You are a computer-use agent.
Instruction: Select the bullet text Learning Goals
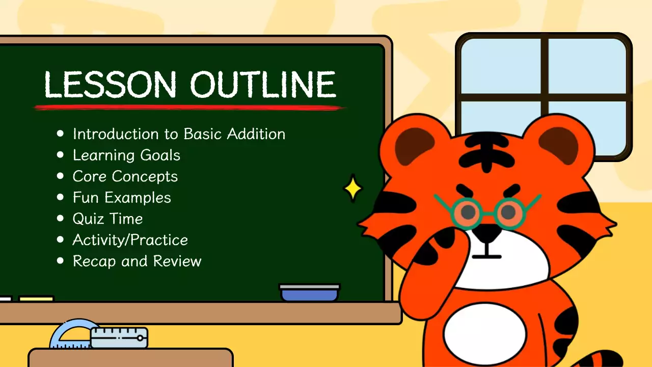[126, 155]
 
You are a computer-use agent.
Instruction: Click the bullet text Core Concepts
[125, 176]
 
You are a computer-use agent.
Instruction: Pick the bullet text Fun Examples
[122, 198]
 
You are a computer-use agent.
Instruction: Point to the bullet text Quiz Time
[107, 219]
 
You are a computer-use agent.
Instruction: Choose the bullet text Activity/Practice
[130, 240]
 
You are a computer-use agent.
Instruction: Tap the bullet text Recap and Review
[137, 261]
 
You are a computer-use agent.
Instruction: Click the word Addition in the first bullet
[256, 134]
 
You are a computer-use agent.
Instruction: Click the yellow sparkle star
[352, 189]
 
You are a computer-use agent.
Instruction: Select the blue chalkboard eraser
[309, 293]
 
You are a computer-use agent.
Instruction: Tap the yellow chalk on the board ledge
[36, 299]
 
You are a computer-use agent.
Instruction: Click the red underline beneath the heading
[188, 108]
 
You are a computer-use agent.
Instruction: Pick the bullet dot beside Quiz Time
[61, 219]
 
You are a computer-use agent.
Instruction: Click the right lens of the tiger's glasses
[509, 210]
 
